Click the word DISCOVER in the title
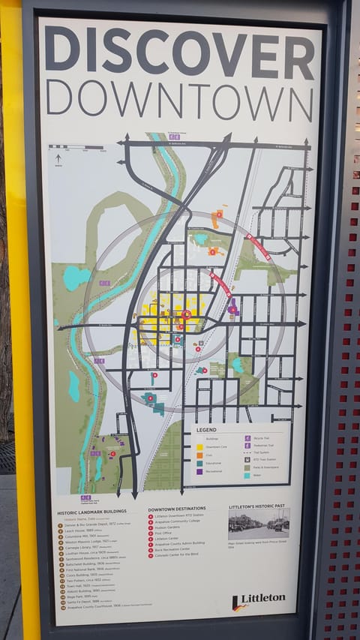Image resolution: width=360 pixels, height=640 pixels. pos(179,53)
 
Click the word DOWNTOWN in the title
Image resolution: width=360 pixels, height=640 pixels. pos(179,98)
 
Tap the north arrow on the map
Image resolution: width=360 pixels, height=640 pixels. pos(58,158)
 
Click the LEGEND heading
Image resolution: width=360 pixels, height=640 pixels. pos(206,430)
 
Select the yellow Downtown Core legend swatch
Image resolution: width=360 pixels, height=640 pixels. pos(200,446)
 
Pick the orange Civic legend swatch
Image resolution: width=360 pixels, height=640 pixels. pos(200,455)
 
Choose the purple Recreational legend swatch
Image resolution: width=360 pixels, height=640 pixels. pos(200,471)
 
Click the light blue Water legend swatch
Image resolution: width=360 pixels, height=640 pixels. pos(247,476)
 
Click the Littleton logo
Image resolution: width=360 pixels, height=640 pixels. pos(259,599)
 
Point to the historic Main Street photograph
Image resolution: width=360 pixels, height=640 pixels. pos(259,524)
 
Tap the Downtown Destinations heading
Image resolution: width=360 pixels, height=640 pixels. pos(178,509)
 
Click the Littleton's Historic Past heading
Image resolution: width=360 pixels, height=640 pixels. pos(259,507)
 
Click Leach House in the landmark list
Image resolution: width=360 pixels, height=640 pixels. pos(79,530)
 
